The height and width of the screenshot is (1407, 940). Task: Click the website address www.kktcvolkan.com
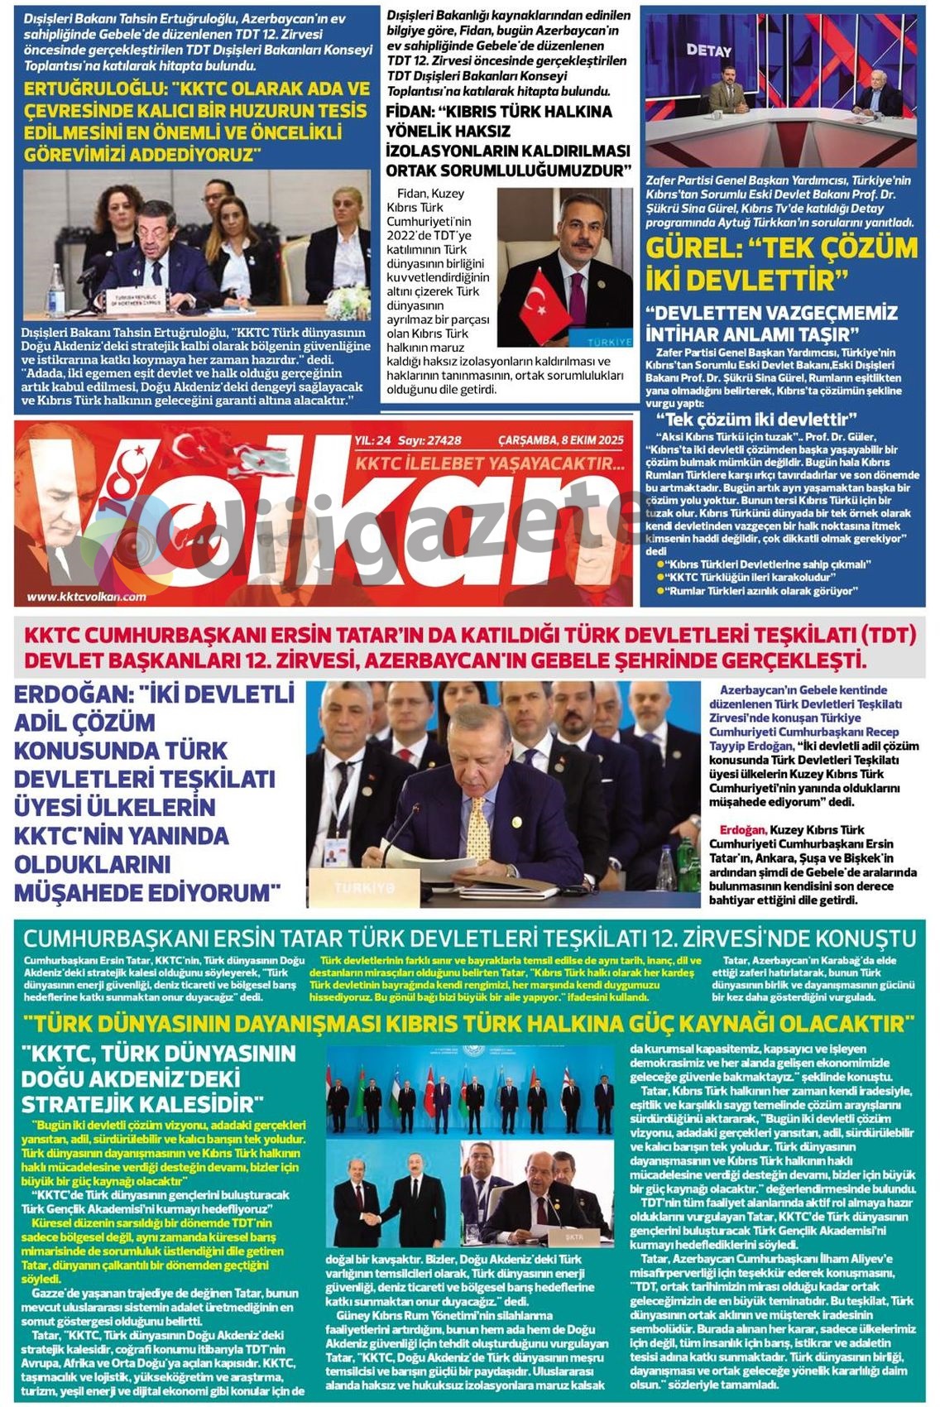pos(86,596)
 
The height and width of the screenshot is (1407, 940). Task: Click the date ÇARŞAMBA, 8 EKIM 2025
pos(560,440)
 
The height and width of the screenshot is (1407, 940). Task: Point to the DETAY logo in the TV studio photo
pos(709,50)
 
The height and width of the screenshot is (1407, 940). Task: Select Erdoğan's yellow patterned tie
pos(478,828)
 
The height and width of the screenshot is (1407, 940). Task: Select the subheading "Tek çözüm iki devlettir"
pos(756,419)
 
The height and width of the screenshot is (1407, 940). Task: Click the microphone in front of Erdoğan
pos(391,844)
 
